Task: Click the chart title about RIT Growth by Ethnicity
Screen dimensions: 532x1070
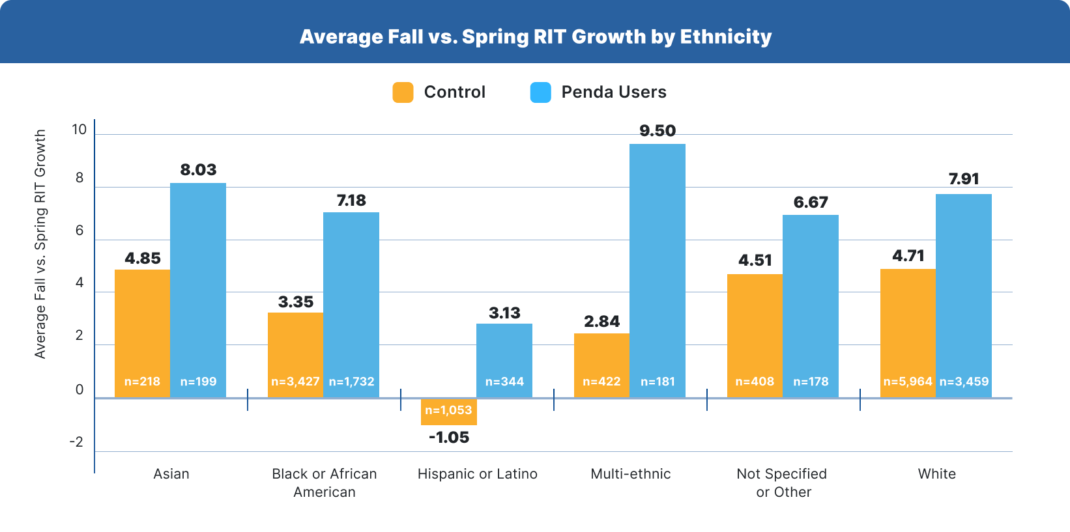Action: (535, 36)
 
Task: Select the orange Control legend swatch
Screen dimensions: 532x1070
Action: (403, 92)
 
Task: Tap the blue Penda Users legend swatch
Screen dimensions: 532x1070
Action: (540, 92)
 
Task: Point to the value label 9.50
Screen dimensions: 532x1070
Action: (657, 131)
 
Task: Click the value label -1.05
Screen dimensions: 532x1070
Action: (448, 438)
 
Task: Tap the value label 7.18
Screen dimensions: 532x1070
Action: (351, 201)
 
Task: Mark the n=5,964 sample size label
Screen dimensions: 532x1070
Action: (907, 382)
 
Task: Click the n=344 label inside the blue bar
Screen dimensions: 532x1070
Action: (504, 382)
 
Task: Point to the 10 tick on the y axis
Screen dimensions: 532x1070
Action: (80, 130)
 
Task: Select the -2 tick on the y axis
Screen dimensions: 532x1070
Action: (77, 442)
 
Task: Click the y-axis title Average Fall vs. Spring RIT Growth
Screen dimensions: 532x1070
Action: (40, 244)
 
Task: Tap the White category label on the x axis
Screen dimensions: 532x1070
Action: (936, 474)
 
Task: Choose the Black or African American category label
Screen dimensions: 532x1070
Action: (325, 483)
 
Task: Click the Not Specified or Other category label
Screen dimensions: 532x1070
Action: (782, 483)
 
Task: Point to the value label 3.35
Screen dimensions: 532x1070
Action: (295, 302)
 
